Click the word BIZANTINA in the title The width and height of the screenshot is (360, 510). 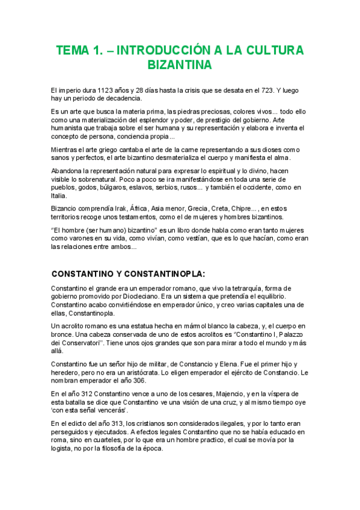(x=179, y=64)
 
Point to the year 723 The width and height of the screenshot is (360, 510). (x=266, y=90)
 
